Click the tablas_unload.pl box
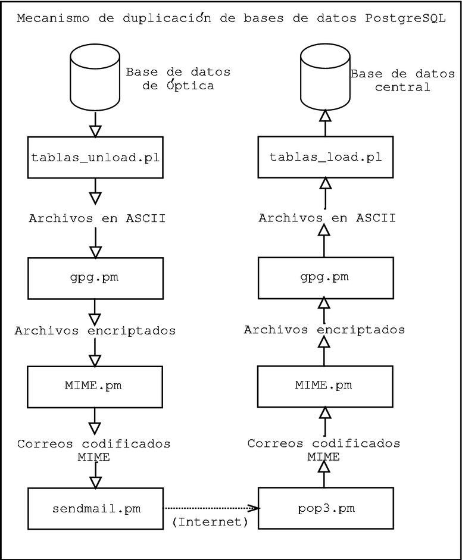pos(95,157)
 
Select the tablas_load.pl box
pos(325,157)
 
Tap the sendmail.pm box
pos(95,509)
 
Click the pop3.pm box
pos(325,509)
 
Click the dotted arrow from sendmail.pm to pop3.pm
pos(211,508)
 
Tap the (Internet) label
pos(210,522)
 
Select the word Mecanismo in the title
pos(45,18)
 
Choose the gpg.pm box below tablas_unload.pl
pos(95,278)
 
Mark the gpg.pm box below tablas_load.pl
pos(325,278)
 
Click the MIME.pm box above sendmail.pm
pos(95,386)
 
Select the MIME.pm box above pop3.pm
pos(325,386)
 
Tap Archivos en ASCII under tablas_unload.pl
pos(97,218)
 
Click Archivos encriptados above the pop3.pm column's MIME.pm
pos(324,329)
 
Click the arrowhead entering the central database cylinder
pos(325,117)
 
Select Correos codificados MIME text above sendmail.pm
pos(94,450)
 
